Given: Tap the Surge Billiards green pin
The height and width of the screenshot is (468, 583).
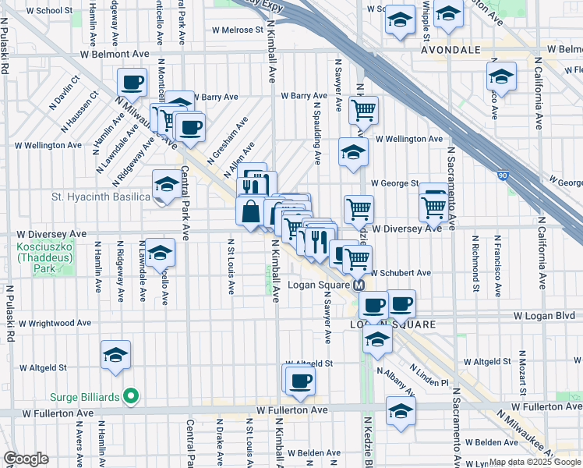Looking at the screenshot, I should tap(131, 396).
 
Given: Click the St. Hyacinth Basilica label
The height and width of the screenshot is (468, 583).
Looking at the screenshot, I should tap(101, 197).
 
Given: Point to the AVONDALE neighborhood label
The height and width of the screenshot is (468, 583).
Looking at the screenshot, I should tap(451, 49).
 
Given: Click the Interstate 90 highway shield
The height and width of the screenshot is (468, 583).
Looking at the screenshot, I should tap(503, 176).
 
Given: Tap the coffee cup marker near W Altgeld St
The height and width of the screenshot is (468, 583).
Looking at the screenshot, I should tap(299, 380).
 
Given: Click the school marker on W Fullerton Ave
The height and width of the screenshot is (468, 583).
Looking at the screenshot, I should tap(401, 409).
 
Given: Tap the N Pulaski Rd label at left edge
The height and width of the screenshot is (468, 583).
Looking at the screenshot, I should tap(10, 313).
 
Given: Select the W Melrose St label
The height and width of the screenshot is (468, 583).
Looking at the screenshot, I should tap(238, 30).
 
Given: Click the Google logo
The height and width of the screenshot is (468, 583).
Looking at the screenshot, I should tap(26, 459).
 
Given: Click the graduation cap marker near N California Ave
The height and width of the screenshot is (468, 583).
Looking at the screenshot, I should tap(501, 76).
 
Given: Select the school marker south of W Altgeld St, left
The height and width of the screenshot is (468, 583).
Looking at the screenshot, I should tap(115, 354).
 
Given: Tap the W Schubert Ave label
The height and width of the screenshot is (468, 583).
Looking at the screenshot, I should tap(401, 273).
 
